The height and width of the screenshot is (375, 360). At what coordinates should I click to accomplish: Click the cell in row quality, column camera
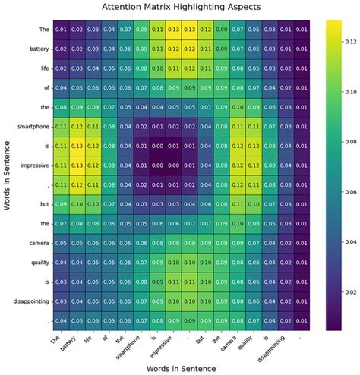coord(242,262)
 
